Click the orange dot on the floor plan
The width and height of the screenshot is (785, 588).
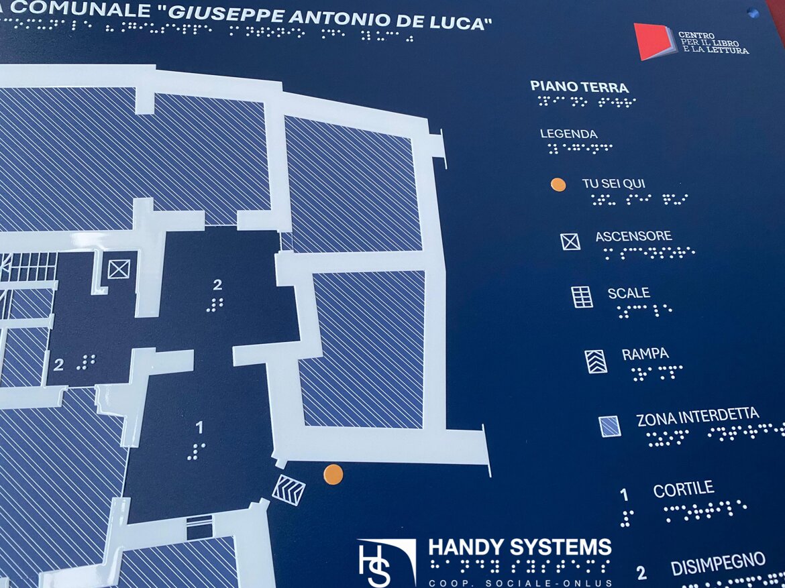[333, 475]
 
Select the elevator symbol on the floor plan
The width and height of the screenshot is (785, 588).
[119, 270]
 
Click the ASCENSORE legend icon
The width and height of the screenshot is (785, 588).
[570, 241]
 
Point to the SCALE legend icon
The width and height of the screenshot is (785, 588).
[582, 297]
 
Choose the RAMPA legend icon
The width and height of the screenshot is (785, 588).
[596, 361]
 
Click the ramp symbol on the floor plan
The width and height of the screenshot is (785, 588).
[289, 487]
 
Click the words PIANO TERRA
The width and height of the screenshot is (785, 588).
[579, 87]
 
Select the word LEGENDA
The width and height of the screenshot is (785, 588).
[568, 134]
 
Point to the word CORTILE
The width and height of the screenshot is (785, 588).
[683, 489]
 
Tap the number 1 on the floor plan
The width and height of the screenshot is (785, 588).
[199, 427]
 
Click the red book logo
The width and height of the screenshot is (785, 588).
[651, 41]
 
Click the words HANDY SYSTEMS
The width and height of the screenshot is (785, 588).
[519, 547]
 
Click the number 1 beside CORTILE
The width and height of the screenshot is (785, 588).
[625, 495]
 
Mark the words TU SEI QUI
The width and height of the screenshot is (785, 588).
[614, 183]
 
